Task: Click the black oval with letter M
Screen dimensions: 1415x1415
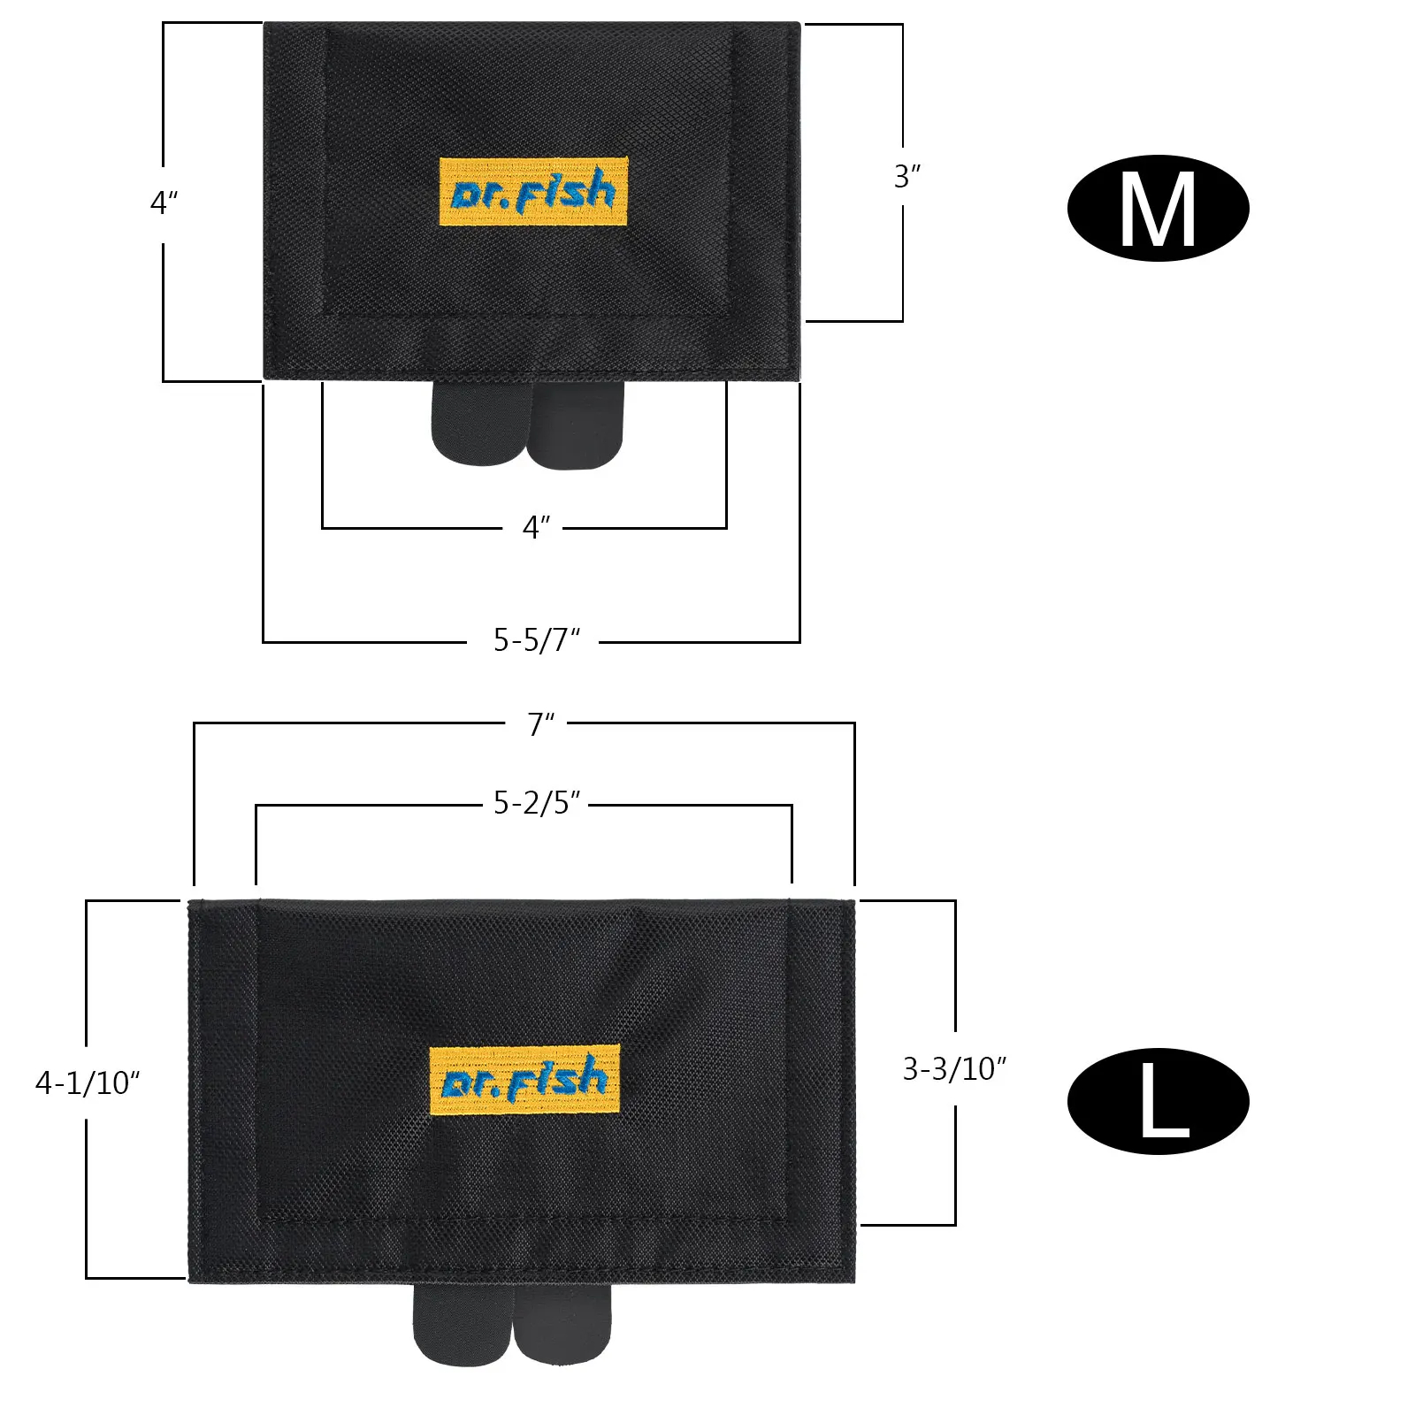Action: coord(1158,209)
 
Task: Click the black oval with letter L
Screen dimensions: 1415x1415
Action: coord(1158,1101)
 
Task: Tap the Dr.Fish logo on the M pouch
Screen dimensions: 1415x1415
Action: coord(533,192)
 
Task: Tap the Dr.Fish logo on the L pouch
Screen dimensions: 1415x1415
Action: coord(524,1080)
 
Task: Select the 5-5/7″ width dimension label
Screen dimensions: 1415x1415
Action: coord(537,639)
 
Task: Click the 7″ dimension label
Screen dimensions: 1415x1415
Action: coord(541,724)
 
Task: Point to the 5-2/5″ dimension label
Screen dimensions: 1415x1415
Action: coord(537,802)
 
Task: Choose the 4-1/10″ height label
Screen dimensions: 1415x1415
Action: coord(88,1082)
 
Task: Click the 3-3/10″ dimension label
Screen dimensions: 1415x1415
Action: coord(955,1069)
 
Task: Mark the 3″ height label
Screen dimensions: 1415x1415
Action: coord(907,177)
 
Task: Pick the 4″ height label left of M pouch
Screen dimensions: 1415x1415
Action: coord(164,203)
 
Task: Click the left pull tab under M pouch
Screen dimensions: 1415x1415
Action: coord(478,423)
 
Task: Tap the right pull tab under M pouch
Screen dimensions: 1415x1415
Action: coord(576,425)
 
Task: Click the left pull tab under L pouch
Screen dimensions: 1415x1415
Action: coord(462,1324)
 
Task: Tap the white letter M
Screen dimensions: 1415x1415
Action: coord(1158,210)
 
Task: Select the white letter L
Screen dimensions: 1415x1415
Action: coord(1164,1101)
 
